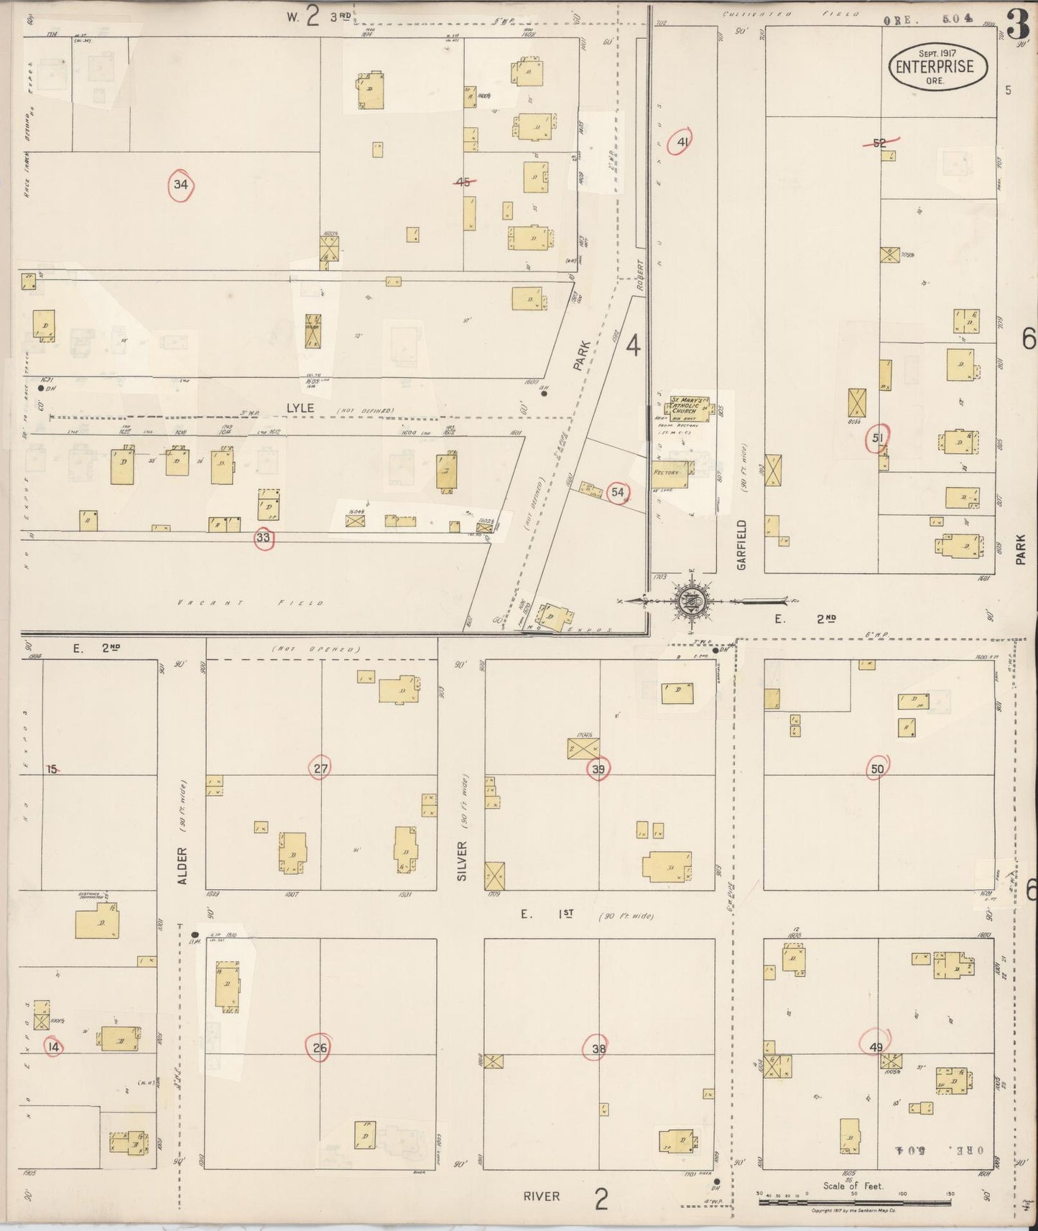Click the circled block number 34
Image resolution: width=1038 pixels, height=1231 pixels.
tap(181, 185)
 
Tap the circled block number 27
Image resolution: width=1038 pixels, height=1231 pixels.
tap(320, 768)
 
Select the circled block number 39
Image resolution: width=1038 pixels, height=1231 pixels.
tap(598, 768)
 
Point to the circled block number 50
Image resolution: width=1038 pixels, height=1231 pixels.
tap(877, 768)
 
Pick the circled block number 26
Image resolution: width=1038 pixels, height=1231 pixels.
tap(320, 1048)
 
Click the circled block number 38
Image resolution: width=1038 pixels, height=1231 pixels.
tap(598, 1049)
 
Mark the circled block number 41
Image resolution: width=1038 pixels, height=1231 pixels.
tap(682, 142)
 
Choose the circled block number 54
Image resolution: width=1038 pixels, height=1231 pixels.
tap(617, 492)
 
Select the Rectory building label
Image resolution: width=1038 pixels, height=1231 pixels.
tap(667, 473)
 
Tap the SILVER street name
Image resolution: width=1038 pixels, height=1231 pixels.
tap(461, 860)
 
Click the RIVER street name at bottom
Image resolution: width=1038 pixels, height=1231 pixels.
tap(542, 1196)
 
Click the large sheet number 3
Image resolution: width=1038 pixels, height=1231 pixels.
tap(1017, 26)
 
